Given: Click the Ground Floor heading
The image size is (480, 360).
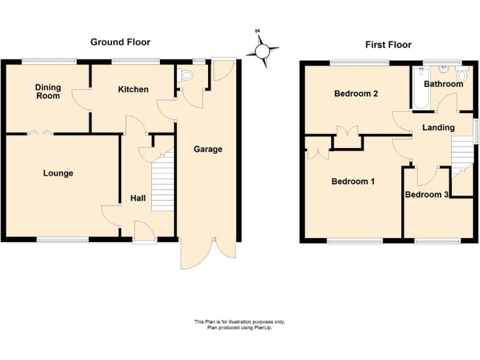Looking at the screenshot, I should tap(120, 42).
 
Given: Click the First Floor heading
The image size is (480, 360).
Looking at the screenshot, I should tap(388, 45).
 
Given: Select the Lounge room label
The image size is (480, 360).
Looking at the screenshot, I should tap(58, 173).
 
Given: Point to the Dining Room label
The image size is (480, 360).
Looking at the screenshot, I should tap(47, 91).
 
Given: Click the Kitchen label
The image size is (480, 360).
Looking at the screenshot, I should tap(133, 89).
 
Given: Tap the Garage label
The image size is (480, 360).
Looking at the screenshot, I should tap(207, 149).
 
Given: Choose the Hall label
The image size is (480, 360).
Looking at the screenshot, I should tap(137, 198).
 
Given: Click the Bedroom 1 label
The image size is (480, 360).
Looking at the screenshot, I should tap(352, 182).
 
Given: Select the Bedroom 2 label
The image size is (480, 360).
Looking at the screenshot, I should tap(356, 94).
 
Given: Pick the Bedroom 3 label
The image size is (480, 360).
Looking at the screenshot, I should tap(426, 195).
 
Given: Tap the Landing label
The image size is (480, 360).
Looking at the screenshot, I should tap(438, 127).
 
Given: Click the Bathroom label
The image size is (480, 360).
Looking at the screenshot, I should tap(443, 84).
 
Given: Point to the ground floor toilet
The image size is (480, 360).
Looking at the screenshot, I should tap(186, 76).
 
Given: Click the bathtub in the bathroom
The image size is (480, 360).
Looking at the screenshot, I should tap(419, 87).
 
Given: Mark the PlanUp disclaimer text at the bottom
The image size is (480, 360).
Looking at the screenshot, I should tap(239, 324).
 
